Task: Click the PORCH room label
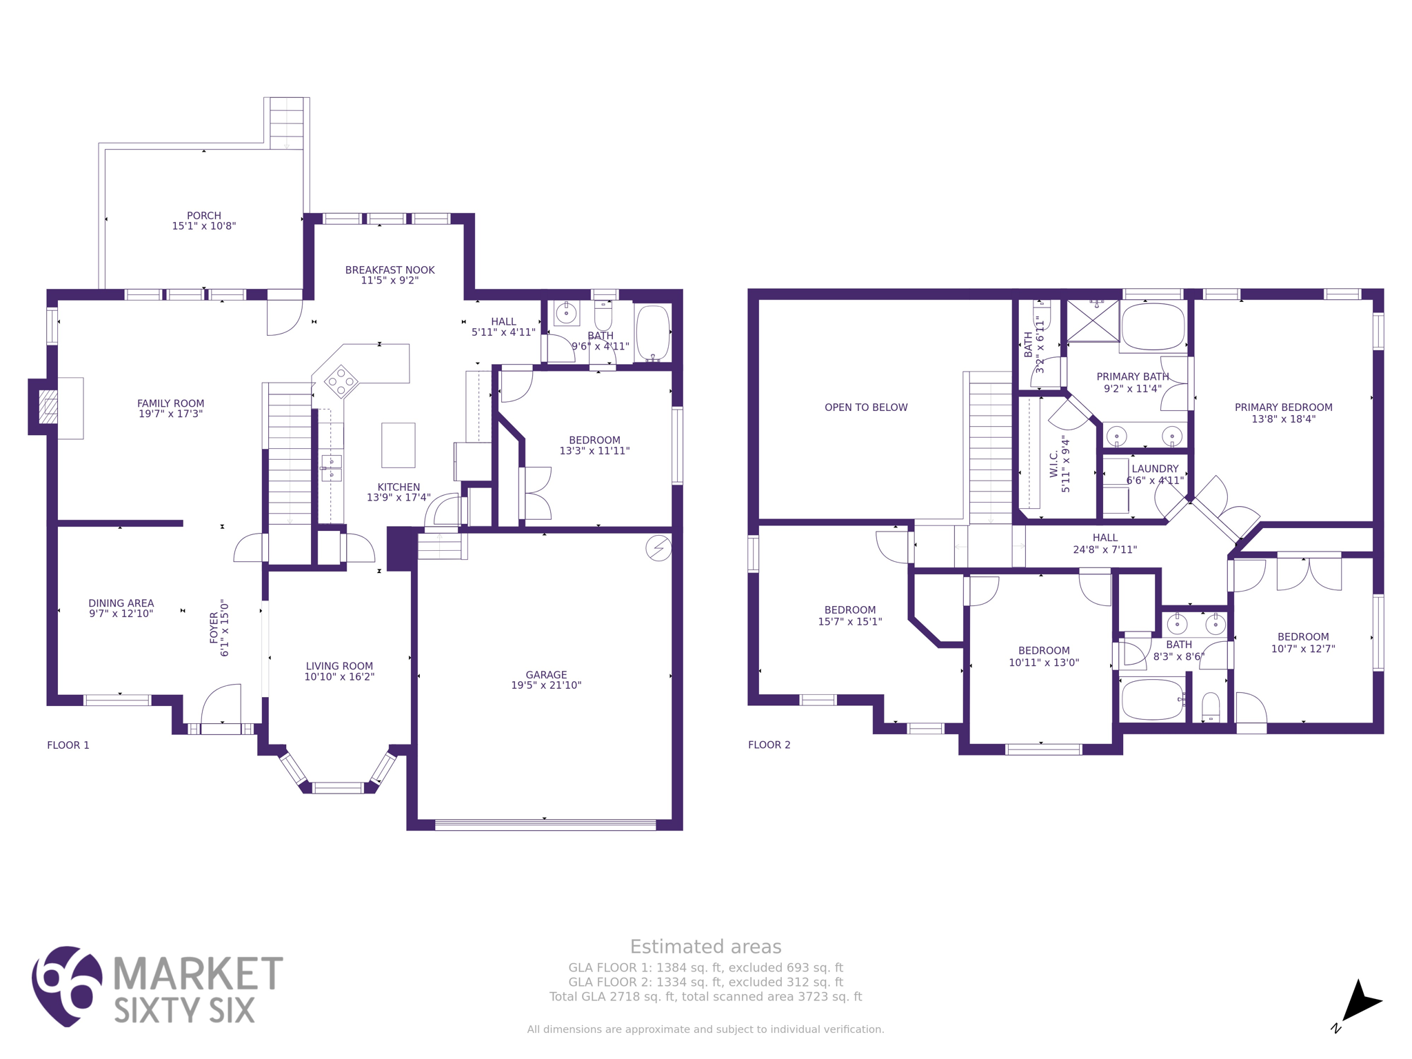click(x=204, y=216)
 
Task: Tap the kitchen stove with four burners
click(x=341, y=381)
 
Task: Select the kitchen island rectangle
click(x=399, y=445)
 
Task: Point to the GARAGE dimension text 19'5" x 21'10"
click(x=546, y=685)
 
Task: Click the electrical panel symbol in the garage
click(x=658, y=548)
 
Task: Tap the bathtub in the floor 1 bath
click(x=652, y=332)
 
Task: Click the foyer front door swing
click(x=223, y=703)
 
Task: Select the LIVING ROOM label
click(x=339, y=666)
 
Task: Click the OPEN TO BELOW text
click(x=866, y=407)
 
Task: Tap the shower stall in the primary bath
click(x=1093, y=321)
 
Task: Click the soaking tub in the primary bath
click(x=1153, y=327)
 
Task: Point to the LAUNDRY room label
click(x=1155, y=469)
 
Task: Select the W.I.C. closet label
click(x=1053, y=464)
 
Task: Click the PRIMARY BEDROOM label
click(x=1283, y=407)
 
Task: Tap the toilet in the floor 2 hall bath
click(x=1211, y=707)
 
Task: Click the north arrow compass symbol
click(x=1358, y=1002)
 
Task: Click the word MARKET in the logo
click(x=198, y=974)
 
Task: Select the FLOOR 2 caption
click(x=769, y=745)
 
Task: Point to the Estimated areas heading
click(x=705, y=947)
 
